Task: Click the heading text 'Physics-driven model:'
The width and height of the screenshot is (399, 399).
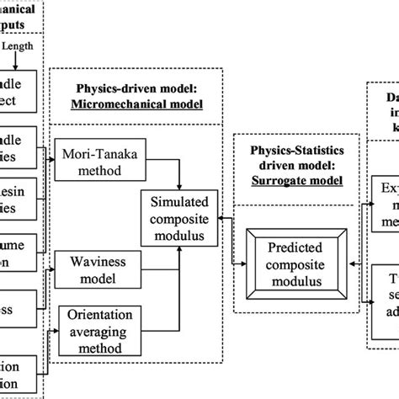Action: coord(138,88)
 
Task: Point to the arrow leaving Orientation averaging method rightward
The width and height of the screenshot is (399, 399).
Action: coord(160,324)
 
